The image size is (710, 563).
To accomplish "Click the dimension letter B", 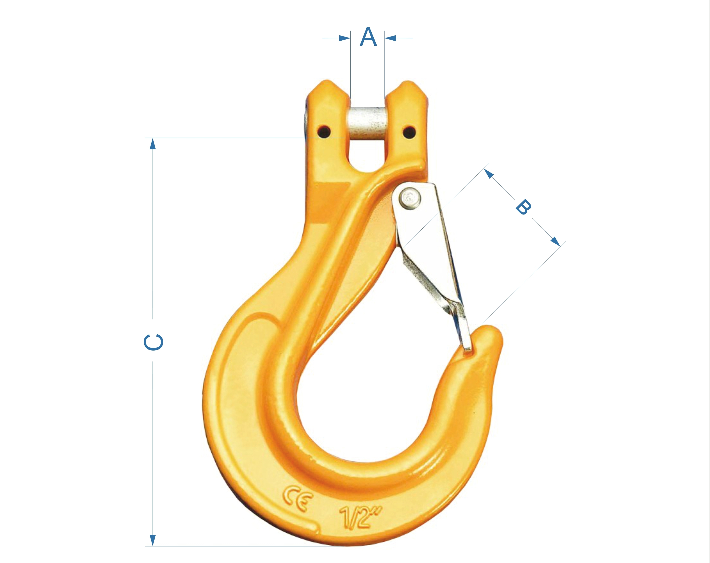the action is (523, 207).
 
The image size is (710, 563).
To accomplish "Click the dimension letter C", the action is (154, 342).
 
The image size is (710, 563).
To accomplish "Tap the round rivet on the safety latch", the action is (410, 198).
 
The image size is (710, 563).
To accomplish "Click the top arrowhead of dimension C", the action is (153, 144).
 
